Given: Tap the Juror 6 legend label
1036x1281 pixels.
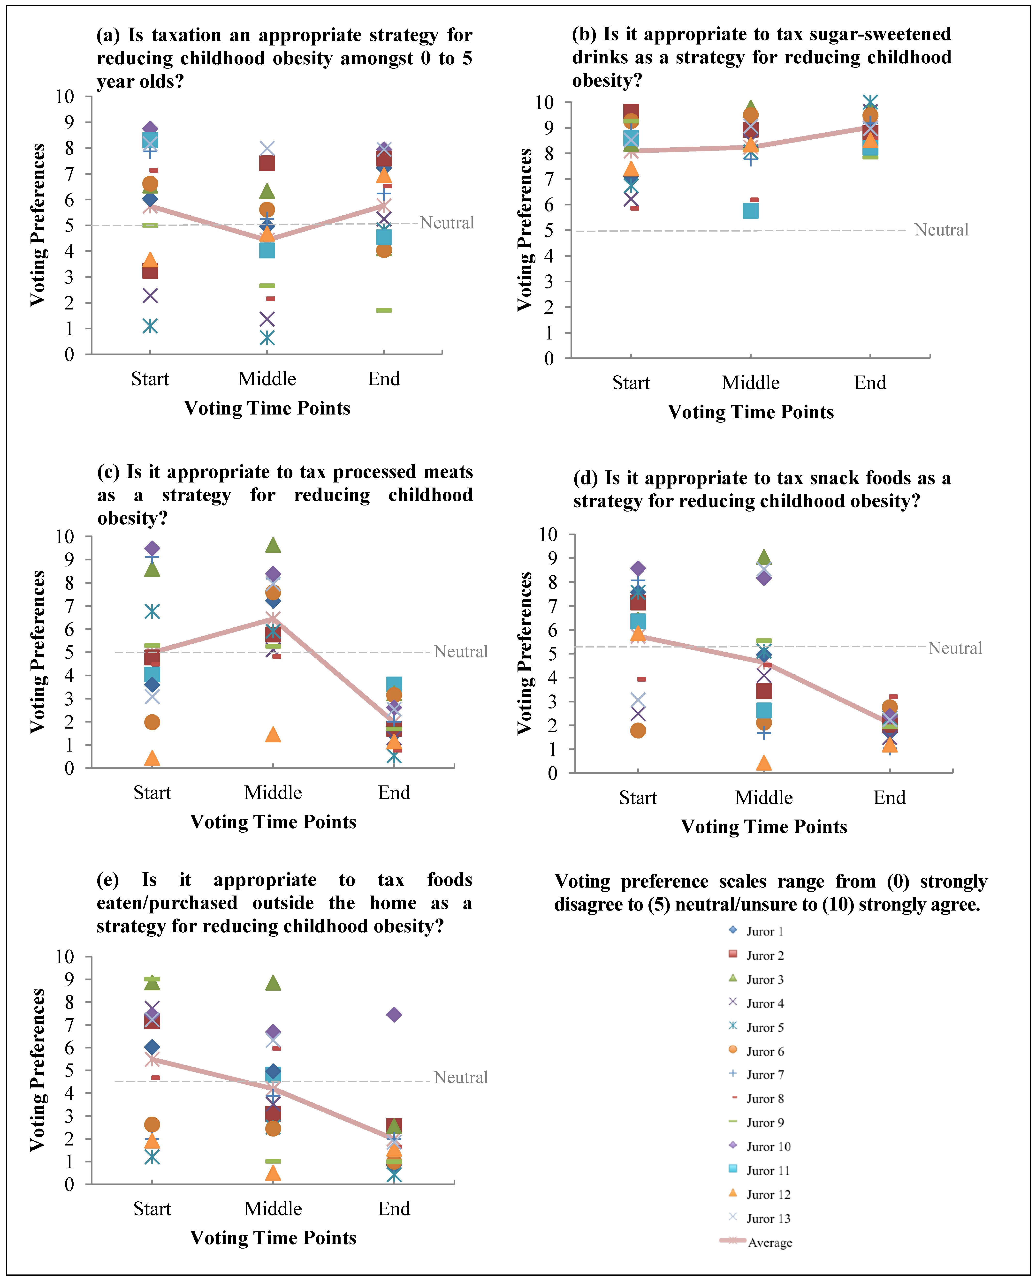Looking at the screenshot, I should click(765, 1051).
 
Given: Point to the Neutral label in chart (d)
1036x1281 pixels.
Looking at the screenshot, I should click(955, 648).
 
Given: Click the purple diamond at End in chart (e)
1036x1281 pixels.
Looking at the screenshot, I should click(394, 1014).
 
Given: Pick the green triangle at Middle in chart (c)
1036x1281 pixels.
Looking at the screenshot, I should click(273, 545).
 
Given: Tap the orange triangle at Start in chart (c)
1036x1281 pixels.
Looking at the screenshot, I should click(152, 758).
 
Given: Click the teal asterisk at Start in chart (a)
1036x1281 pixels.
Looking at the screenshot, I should click(150, 326).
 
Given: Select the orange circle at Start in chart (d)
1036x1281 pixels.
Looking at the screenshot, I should click(638, 730).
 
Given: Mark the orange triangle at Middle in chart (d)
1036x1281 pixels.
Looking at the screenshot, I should click(764, 763).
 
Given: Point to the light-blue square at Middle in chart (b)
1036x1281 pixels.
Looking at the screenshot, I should click(751, 211).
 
